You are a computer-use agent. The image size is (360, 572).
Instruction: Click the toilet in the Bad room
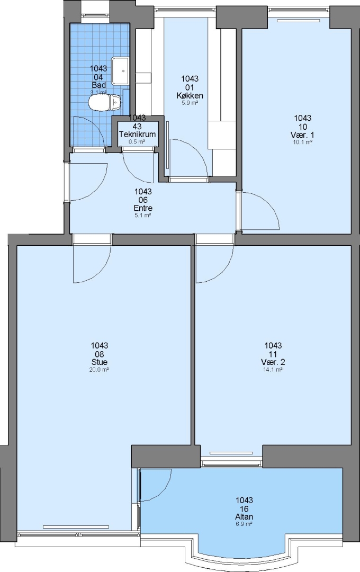click(x=104, y=102)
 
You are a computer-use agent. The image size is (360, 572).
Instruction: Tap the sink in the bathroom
click(x=121, y=70)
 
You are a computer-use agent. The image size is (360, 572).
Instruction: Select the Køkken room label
click(x=190, y=95)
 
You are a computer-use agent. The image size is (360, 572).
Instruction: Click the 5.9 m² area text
click(x=190, y=103)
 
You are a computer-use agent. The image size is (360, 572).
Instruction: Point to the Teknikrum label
click(x=138, y=134)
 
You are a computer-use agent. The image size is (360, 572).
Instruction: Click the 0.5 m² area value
click(x=137, y=142)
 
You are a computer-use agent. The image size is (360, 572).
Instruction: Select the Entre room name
click(x=143, y=208)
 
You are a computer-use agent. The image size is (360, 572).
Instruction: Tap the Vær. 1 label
click(x=303, y=135)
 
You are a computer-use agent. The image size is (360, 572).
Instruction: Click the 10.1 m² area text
click(x=303, y=142)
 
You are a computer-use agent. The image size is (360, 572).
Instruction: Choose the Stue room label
click(x=100, y=362)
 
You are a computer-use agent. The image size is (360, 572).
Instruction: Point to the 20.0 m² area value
click(x=100, y=369)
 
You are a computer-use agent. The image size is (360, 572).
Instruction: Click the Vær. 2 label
click(x=273, y=362)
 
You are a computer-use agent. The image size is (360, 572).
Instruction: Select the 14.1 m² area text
click(x=273, y=369)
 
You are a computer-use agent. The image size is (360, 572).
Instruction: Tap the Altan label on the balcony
click(x=245, y=516)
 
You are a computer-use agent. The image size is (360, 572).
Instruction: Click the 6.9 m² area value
click(x=245, y=524)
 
